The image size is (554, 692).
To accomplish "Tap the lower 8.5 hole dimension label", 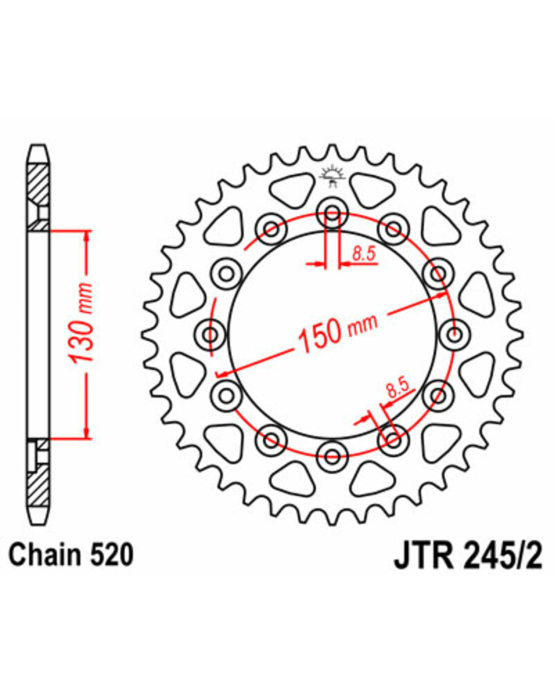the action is point(399,389).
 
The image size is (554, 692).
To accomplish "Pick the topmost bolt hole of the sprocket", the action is point(332,213).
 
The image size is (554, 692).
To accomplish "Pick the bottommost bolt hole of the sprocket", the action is point(332,456).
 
